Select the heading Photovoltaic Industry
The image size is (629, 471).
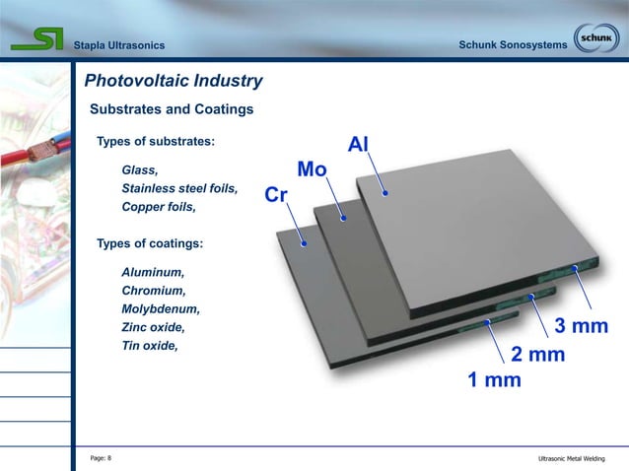click(174, 81)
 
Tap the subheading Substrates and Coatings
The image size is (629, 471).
click(172, 109)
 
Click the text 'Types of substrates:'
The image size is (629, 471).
click(155, 142)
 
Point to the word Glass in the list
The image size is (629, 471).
click(139, 170)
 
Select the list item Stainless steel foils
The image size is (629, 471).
click(178, 188)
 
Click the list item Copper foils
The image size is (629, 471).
click(158, 207)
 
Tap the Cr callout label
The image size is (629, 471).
click(276, 195)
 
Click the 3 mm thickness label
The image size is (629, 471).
click(581, 326)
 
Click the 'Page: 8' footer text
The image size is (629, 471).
click(101, 458)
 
